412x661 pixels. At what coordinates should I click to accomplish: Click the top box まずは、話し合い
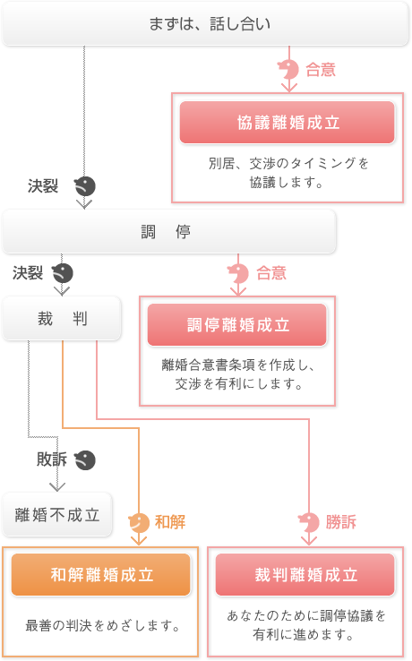(x=205, y=23)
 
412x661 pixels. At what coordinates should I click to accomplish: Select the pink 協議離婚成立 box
(x=288, y=123)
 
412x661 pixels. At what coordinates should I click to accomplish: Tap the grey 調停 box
(x=169, y=231)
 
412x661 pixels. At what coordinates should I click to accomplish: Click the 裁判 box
(x=62, y=318)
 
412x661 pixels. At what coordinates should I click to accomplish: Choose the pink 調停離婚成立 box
(x=237, y=325)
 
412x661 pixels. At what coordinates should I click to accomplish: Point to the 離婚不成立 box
(x=57, y=514)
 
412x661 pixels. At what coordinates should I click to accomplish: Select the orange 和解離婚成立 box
(x=101, y=575)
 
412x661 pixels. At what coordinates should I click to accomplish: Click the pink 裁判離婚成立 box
(x=305, y=575)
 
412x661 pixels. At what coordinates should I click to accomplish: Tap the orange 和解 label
(x=170, y=522)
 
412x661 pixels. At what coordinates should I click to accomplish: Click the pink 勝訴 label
(x=340, y=522)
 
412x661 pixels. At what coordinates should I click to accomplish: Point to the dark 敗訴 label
(x=52, y=459)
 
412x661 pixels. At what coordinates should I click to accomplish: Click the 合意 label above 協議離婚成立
(x=321, y=70)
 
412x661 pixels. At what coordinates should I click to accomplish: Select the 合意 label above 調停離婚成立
(x=271, y=273)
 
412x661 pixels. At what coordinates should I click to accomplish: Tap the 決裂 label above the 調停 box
(x=43, y=186)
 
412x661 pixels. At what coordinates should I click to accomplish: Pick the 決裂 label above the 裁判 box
(x=28, y=273)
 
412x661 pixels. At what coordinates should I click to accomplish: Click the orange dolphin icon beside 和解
(x=139, y=523)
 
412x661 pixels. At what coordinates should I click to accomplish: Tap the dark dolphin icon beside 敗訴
(x=85, y=460)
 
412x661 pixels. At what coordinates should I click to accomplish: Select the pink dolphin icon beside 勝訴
(x=309, y=523)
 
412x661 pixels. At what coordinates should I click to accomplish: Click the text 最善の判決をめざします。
(x=102, y=625)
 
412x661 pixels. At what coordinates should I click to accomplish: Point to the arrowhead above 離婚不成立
(x=57, y=487)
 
